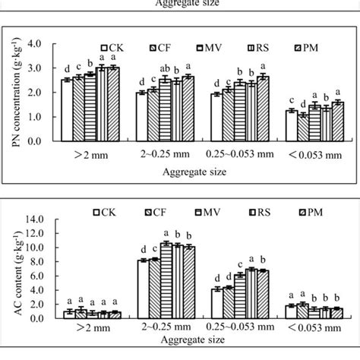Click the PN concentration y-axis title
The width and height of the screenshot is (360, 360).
point(18,91)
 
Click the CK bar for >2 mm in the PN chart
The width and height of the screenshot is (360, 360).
point(68,110)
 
